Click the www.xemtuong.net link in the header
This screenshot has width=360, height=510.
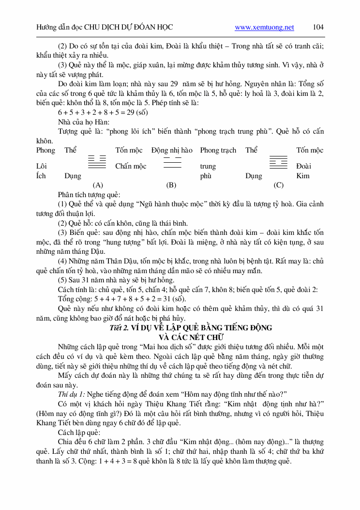click(264, 28)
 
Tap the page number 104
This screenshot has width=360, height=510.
click(318, 27)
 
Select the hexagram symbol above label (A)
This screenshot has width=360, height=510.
click(97, 161)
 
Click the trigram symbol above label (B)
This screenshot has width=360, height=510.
click(172, 162)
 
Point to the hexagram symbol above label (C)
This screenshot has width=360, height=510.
click(278, 161)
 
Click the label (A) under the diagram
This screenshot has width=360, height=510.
click(98, 185)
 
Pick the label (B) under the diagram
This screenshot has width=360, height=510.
click(171, 185)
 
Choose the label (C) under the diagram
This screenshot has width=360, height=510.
click(278, 185)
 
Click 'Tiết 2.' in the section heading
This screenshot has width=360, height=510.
click(119, 327)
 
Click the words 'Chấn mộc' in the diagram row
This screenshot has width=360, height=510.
click(131, 166)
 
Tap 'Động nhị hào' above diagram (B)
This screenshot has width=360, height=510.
click(172, 151)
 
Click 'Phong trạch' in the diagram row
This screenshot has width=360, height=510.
click(218, 151)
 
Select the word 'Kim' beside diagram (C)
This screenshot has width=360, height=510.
click(303, 176)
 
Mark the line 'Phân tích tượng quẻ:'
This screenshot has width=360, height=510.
click(89, 194)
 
